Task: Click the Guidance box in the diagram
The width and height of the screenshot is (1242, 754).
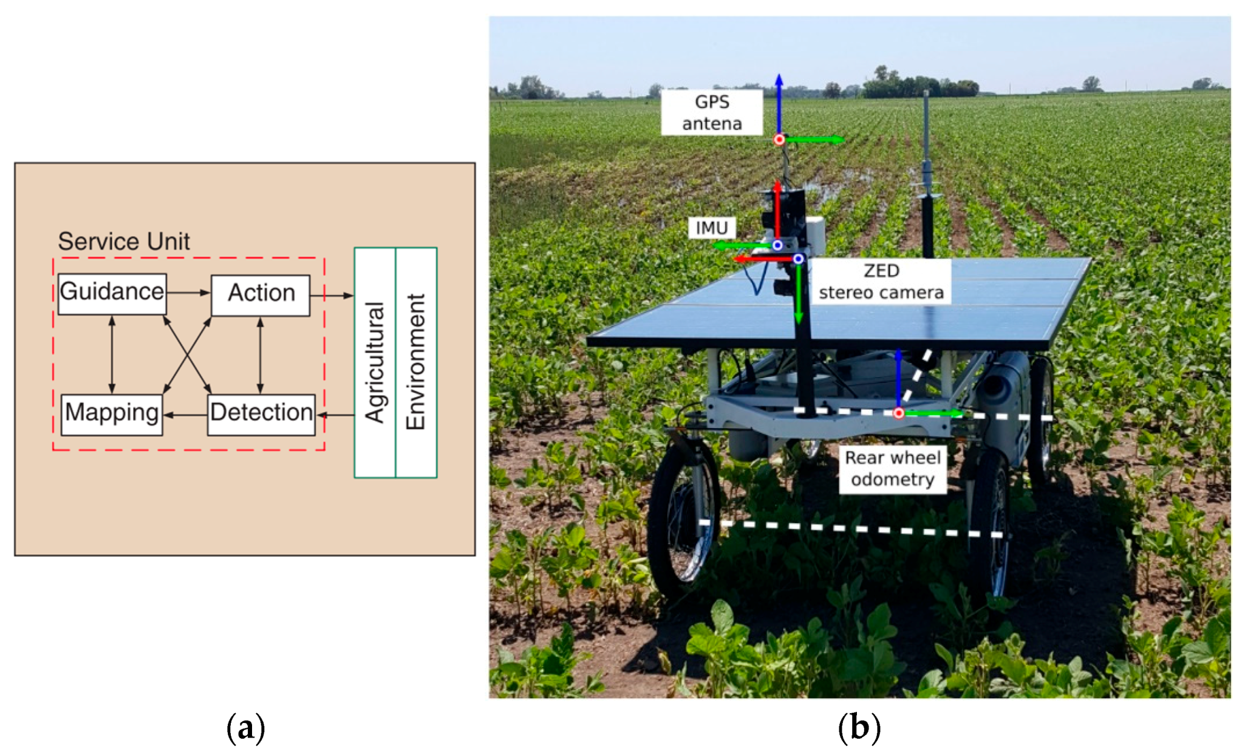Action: (x=112, y=293)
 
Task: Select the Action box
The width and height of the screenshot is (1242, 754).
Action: (x=261, y=294)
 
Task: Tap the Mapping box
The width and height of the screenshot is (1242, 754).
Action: (x=112, y=414)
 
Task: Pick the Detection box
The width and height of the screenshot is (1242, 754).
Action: (x=261, y=414)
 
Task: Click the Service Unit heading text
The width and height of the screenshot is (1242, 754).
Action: (x=124, y=242)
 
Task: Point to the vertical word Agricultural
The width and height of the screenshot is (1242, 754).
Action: (x=375, y=362)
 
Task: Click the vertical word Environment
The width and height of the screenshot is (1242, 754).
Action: (x=416, y=362)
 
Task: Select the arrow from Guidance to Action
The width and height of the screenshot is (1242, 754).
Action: (x=188, y=293)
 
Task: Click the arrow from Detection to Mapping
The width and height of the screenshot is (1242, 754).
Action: (x=185, y=415)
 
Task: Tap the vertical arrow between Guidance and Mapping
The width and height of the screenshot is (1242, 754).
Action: (x=112, y=355)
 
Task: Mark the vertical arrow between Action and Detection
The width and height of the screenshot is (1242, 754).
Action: (x=261, y=355)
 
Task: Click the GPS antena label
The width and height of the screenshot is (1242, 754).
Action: (x=711, y=112)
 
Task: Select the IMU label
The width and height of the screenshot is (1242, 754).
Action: (x=711, y=228)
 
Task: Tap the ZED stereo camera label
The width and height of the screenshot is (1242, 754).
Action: (x=881, y=282)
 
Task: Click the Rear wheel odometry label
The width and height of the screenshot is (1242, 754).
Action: (x=892, y=469)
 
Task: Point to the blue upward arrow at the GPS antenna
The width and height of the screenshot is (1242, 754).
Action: (x=779, y=103)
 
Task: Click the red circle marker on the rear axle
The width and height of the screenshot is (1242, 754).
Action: (x=898, y=413)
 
